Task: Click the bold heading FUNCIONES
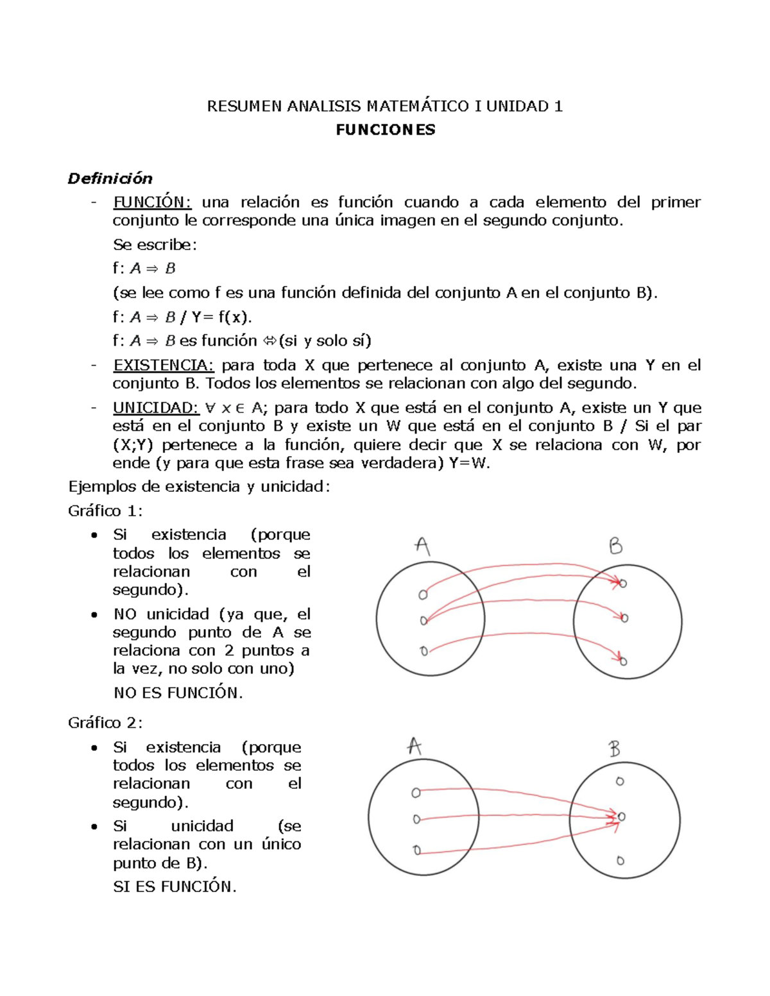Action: [x=385, y=130]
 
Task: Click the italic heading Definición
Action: [x=110, y=178]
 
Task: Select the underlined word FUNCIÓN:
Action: [x=152, y=203]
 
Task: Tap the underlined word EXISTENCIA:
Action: [x=163, y=366]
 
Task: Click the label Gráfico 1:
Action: [x=105, y=511]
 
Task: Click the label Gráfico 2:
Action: [x=105, y=723]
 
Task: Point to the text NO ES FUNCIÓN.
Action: [x=178, y=693]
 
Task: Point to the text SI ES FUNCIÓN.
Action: [x=175, y=887]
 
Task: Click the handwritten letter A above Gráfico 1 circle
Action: [x=422, y=546]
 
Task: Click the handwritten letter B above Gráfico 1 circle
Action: [x=615, y=546]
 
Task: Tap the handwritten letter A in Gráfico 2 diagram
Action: [x=415, y=747]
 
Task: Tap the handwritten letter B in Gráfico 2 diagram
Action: [x=614, y=748]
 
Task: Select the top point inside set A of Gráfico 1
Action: [x=423, y=595]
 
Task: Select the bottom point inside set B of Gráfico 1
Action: [x=623, y=661]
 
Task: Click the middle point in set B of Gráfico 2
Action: [x=620, y=816]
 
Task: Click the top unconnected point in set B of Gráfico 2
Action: [x=619, y=781]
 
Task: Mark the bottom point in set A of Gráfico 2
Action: [x=417, y=851]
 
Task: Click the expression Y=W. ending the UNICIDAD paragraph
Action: [x=470, y=464]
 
